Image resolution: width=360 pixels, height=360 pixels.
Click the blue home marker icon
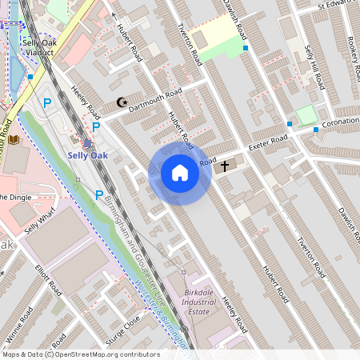[180, 173]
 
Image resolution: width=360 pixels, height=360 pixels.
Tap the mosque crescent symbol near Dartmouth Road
[122, 102]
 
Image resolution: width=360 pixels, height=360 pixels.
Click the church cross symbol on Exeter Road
[225, 166]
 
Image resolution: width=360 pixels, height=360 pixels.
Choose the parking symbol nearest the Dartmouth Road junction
[96, 126]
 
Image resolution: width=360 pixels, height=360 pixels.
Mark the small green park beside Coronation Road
[306, 114]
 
